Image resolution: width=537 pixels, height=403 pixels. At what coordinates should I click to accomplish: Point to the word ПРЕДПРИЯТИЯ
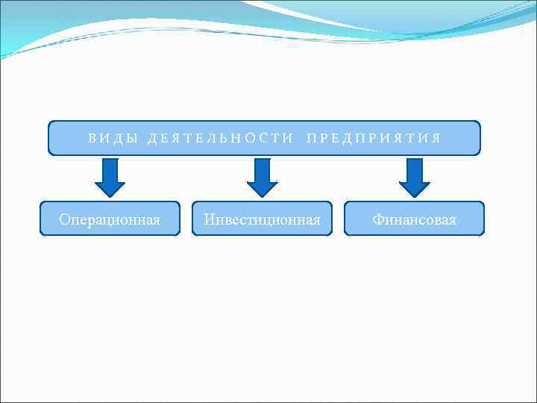tap(374, 139)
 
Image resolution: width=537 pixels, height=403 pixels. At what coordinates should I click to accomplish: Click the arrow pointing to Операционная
tap(110, 177)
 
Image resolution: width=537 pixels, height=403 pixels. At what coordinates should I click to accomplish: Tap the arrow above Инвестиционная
tap(262, 177)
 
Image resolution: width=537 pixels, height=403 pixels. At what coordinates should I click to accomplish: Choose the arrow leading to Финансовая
tap(415, 177)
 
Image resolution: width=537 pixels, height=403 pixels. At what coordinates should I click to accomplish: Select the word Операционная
tap(110, 219)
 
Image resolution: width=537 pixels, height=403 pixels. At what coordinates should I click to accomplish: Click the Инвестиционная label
tap(262, 219)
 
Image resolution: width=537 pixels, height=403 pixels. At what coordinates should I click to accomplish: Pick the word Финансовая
tap(415, 219)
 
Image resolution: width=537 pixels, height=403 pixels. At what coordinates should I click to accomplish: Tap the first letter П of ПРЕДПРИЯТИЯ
tap(311, 139)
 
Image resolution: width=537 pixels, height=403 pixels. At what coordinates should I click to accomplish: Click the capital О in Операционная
tap(64, 219)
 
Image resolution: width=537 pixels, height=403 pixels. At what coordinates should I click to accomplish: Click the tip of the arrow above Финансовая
tap(415, 196)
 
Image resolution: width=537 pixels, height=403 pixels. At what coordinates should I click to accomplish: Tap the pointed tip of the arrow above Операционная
tap(110, 196)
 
